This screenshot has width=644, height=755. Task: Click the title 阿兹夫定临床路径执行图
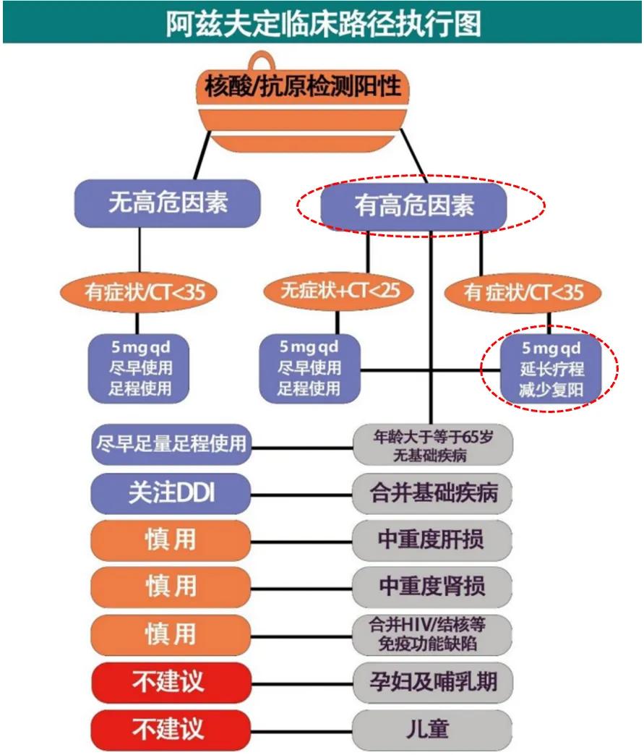pyautogui.click(x=322, y=23)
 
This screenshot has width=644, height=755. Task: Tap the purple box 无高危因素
pyautogui.click(x=167, y=202)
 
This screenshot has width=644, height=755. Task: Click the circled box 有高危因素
pyautogui.click(x=413, y=205)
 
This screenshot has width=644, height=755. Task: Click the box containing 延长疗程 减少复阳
pyautogui.click(x=551, y=370)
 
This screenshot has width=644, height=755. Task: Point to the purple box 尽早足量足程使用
pyautogui.click(x=171, y=443)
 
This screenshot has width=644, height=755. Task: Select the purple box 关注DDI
pyautogui.click(x=171, y=494)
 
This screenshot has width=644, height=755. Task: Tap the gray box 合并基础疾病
pyautogui.click(x=433, y=494)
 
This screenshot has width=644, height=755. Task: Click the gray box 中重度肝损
pyautogui.click(x=433, y=539)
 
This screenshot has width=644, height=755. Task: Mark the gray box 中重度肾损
pyautogui.click(x=433, y=586)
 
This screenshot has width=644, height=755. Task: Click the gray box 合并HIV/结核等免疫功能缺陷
pyautogui.click(x=433, y=634)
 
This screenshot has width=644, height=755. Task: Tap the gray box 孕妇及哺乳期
pyautogui.click(x=433, y=681)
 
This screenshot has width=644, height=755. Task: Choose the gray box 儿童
pyautogui.click(x=433, y=728)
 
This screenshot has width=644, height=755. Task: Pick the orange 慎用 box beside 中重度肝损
pyautogui.click(x=171, y=539)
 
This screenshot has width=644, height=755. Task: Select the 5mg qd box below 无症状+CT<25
pyautogui.click(x=310, y=368)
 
